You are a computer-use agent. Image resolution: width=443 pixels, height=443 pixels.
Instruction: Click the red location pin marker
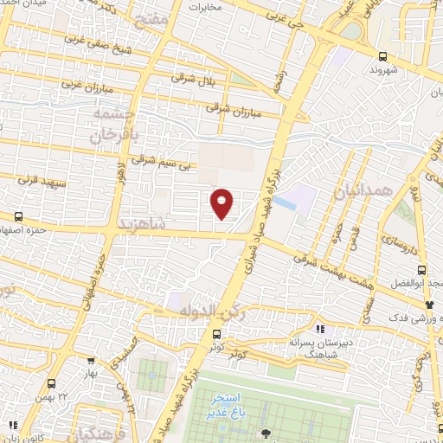coord(222,203)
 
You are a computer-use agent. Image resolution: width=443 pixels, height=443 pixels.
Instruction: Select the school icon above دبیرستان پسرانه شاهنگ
coord(319,329)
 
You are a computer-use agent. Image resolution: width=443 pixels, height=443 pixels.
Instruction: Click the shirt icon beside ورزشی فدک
coord(430,305)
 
